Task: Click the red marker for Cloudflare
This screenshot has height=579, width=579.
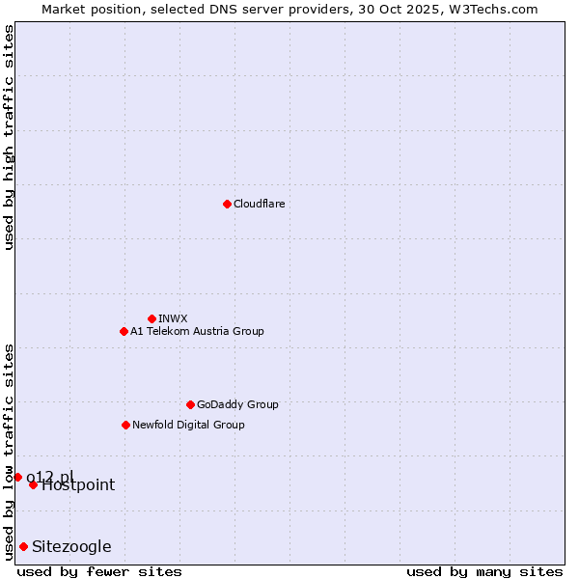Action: tap(227, 204)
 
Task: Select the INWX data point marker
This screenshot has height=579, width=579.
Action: tap(152, 318)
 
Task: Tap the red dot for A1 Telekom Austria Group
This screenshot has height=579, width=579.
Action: tap(124, 331)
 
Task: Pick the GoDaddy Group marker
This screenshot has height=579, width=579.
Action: tap(190, 404)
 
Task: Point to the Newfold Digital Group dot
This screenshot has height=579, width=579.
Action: tap(125, 425)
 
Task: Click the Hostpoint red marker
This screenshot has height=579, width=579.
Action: tap(33, 484)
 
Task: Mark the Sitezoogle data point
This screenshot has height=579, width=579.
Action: tap(23, 546)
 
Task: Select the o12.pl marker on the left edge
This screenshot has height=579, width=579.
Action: tap(17, 477)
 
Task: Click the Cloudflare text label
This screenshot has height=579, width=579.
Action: tap(259, 204)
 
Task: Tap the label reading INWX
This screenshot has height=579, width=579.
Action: tap(173, 318)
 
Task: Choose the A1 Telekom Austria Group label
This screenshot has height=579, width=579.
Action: tap(197, 331)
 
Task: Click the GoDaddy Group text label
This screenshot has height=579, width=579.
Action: tap(237, 404)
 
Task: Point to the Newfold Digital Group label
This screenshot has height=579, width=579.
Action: tap(188, 425)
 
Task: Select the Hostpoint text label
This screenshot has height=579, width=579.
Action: tap(78, 485)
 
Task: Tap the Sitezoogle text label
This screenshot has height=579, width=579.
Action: tap(71, 547)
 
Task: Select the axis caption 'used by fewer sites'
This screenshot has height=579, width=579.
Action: tap(99, 571)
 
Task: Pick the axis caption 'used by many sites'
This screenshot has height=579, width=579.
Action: tap(484, 571)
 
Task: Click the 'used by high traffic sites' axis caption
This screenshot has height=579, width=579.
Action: tap(9, 137)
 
